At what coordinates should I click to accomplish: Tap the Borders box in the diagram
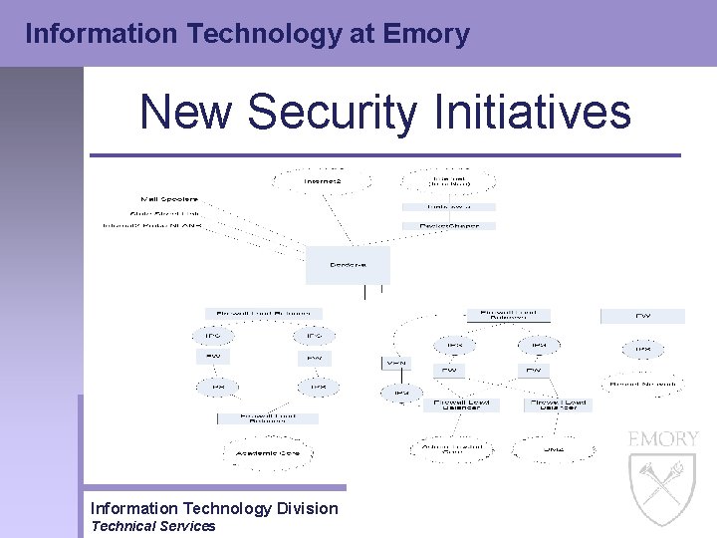coord(348,265)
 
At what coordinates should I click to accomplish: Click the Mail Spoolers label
coord(169,197)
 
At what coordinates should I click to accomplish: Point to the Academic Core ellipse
coord(267,452)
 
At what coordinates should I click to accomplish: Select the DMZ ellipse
coord(553,449)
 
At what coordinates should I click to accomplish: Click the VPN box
coord(396,364)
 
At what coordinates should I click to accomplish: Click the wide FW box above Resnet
coord(642,316)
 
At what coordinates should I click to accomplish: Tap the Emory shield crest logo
coord(662,488)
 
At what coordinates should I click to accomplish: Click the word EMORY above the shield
coord(662,439)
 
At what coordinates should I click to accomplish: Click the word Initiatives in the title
coord(533,112)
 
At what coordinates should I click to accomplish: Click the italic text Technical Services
coord(152,526)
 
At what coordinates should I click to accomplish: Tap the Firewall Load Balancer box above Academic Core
coord(267,418)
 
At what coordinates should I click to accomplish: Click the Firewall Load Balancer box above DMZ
coord(558,404)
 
